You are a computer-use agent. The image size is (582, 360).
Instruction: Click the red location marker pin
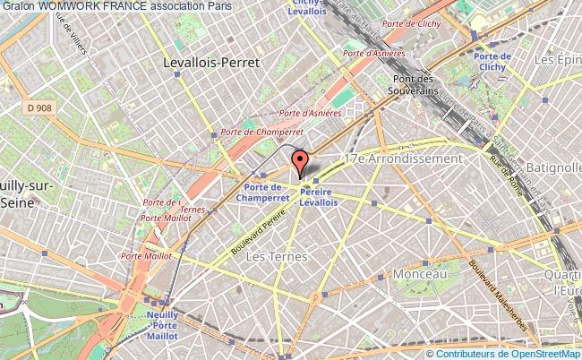[301, 163]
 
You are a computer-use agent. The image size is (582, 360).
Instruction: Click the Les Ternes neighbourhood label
[276, 257]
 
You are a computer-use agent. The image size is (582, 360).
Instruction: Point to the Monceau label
[420, 271]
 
